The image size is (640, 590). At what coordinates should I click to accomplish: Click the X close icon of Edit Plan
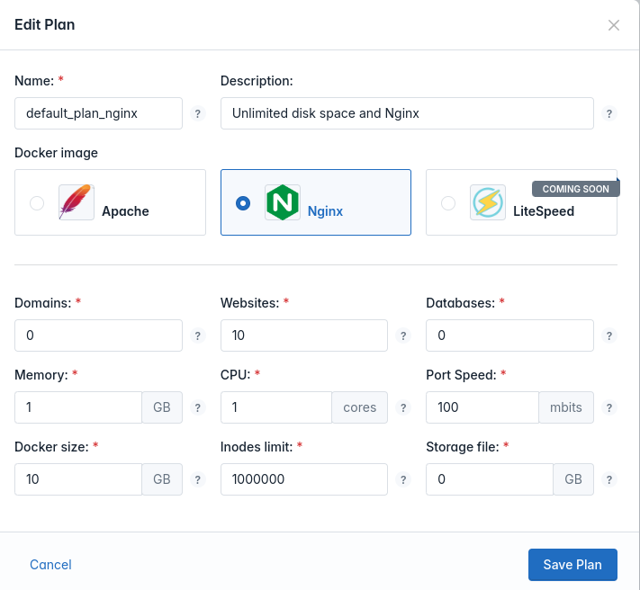(x=614, y=25)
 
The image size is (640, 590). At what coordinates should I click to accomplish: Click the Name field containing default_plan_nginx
(x=98, y=113)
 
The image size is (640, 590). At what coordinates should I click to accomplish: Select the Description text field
(x=407, y=113)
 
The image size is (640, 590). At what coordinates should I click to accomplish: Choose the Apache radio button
(x=37, y=203)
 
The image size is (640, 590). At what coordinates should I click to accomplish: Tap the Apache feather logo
(x=77, y=202)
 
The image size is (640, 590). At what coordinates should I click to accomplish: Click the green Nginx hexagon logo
(x=283, y=202)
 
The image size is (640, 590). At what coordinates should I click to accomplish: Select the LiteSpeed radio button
(x=448, y=203)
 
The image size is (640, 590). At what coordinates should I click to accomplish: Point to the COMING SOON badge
(x=576, y=189)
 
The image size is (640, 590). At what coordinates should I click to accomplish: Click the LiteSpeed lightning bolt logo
(x=488, y=202)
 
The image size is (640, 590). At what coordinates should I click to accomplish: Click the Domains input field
(x=98, y=335)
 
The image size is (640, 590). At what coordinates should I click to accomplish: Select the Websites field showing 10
(x=304, y=335)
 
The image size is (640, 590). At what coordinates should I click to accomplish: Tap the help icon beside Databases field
(x=609, y=335)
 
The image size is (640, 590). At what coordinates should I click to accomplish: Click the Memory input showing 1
(x=78, y=407)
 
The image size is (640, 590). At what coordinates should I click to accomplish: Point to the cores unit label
(x=359, y=407)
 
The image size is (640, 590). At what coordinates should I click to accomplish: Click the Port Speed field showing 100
(x=482, y=407)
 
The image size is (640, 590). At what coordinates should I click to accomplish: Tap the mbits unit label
(x=566, y=407)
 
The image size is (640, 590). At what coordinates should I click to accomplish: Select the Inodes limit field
(x=304, y=479)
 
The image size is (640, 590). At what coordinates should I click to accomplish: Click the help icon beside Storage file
(x=609, y=479)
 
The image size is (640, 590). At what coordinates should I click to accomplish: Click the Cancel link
(x=50, y=565)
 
